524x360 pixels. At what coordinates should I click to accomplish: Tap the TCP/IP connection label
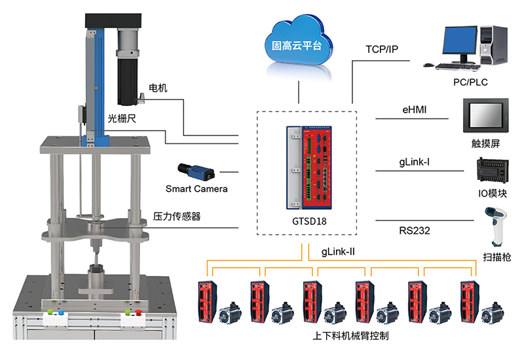pyautogui.click(x=383, y=50)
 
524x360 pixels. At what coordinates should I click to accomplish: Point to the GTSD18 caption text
pyautogui.click(x=307, y=221)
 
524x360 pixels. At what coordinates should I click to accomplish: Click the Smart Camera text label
pyautogui.click(x=196, y=189)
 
